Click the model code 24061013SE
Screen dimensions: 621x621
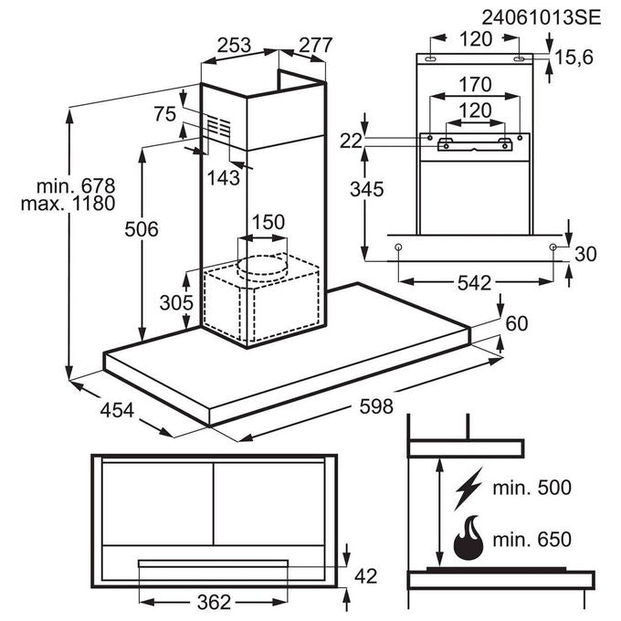click(x=541, y=18)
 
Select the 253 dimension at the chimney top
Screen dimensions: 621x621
click(x=234, y=45)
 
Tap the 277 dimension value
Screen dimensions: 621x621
click(x=315, y=45)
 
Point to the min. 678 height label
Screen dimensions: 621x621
click(x=76, y=185)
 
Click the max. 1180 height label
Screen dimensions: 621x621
click(x=68, y=204)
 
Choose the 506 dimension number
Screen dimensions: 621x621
click(x=142, y=229)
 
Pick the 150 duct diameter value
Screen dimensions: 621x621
click(x=268, y=222)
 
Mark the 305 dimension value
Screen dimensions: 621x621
click(x=176, y=303)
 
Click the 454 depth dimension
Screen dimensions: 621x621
click(x=117, y=410)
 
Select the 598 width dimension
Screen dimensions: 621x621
click(x=376, y=406)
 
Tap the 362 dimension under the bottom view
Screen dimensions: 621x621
click(x=214, y=603)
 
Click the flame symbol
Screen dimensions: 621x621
click(x=468, y=537)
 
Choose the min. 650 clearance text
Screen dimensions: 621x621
click(x=532, y=539)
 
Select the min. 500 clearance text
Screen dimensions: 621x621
click(x=532, y=488)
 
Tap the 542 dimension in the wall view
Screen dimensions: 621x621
click(x=474, y=283)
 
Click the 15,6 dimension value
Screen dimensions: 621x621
click(x=574, y=58)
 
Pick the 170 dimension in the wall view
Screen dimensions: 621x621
click(x=475, y=84)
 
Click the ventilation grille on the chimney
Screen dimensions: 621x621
click(x=219, y=127)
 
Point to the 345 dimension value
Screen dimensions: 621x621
click(x=367, y=189)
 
